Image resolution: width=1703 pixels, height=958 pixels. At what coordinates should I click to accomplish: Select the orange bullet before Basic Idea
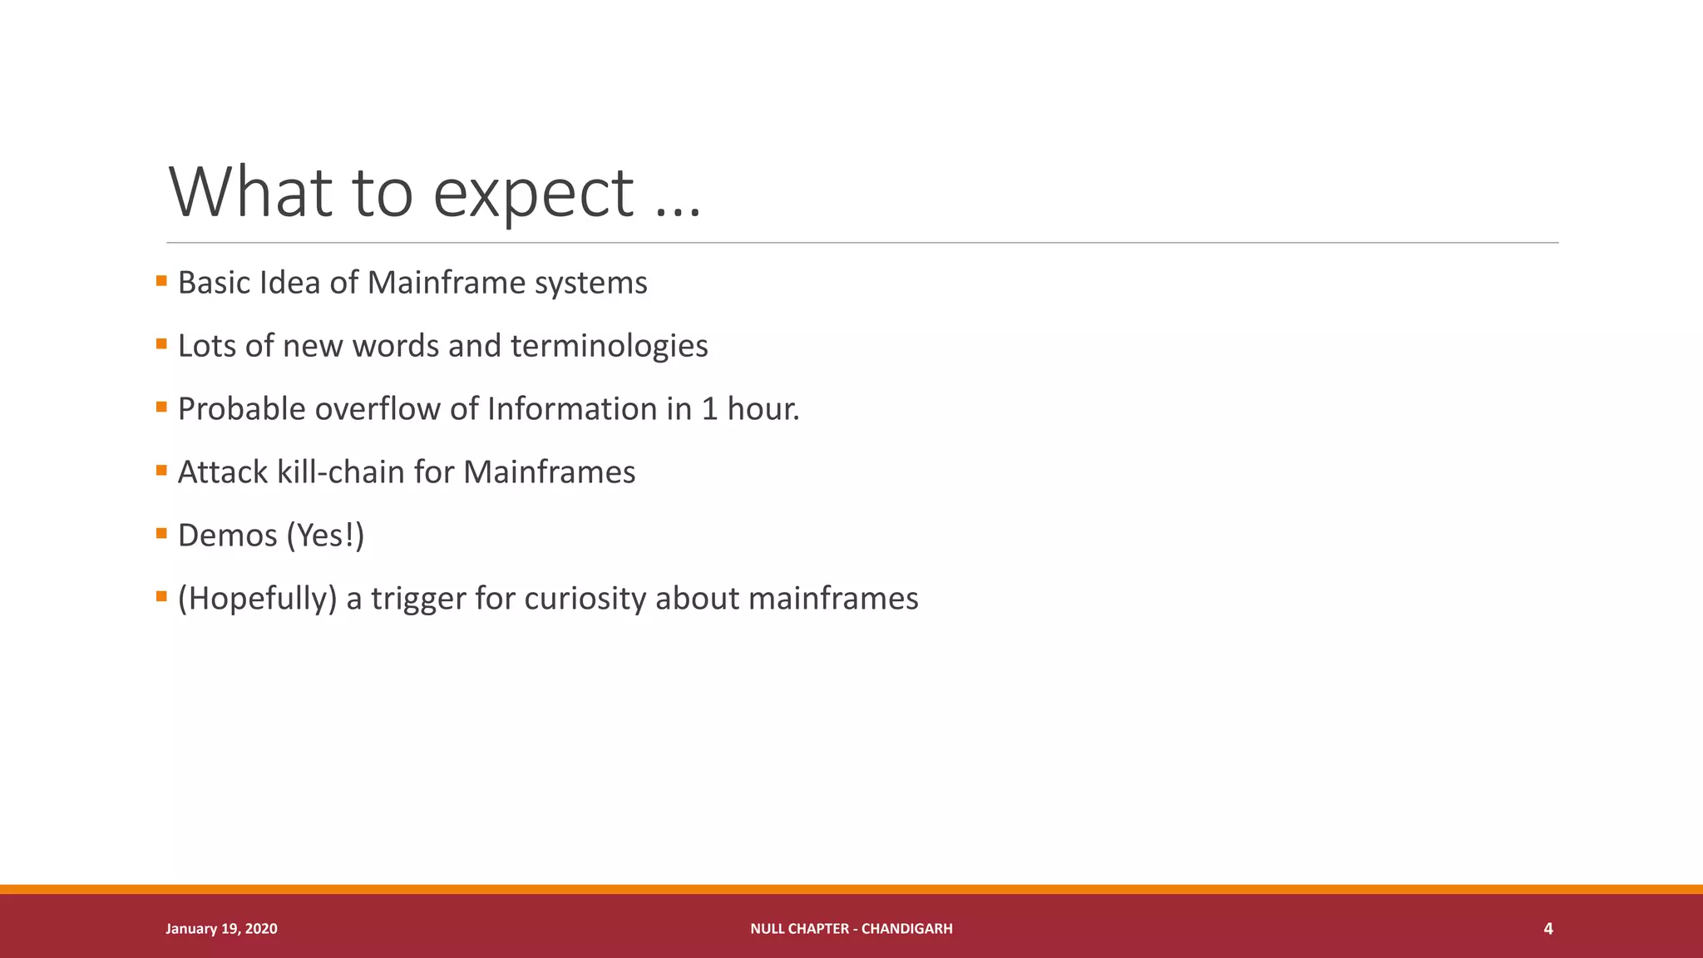click(x=161, y=281)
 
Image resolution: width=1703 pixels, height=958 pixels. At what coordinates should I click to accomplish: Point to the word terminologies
click(x=609, y=346)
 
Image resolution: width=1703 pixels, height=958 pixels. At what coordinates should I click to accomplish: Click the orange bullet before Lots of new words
click(x=161, y=344)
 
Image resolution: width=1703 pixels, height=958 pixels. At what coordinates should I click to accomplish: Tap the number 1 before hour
click(x=709, y=409)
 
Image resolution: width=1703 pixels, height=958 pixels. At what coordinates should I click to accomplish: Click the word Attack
click(x=223, y=472)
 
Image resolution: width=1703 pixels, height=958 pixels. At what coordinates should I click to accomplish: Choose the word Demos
click(x=227, y=536)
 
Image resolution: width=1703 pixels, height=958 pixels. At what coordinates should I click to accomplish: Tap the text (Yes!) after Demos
click(x=325, y=536)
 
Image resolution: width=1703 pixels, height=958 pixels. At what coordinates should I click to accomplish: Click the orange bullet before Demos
click(x=161, y=534)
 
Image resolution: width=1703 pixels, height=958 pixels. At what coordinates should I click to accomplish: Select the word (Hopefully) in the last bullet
click(x=257, y=599)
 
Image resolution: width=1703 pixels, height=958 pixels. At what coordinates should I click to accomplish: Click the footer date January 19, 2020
click(x=221, y=929)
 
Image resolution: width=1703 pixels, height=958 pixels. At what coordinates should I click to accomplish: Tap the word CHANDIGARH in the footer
click(x=906, y=929)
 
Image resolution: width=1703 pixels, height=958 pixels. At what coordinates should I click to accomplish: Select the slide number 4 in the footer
click(x=1548, y=929)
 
